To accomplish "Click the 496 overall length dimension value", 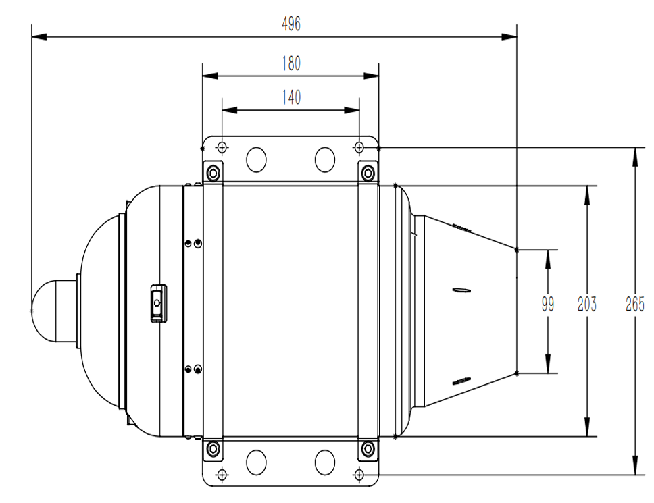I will [x=291, y=24].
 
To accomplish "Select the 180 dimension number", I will [x=291, y=63].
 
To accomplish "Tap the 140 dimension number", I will [x=291, y=98].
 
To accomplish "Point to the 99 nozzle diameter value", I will [x=547, y=305].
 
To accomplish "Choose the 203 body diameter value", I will [x=587, y=305].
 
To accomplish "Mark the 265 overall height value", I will [x=634, y=305].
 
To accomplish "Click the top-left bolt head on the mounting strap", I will [x=213, y=173].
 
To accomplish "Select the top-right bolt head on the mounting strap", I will [x=368, y=173].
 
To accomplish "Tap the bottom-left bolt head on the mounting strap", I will [x=213, y=448].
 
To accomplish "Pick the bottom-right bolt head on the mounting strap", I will [x=368, y=448].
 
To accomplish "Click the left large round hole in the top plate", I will [x=257, y=159].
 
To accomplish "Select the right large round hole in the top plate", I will [x=325, y=159].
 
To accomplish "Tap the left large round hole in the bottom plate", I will [x=257, y=462].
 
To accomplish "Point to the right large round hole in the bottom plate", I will [x=325, y=462].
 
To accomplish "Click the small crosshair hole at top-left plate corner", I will [x=222, y=147].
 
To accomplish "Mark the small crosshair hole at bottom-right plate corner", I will [x=359, y=475].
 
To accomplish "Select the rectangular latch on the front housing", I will [x=158, y=305].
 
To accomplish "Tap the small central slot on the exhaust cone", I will [x=462, y=291].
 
